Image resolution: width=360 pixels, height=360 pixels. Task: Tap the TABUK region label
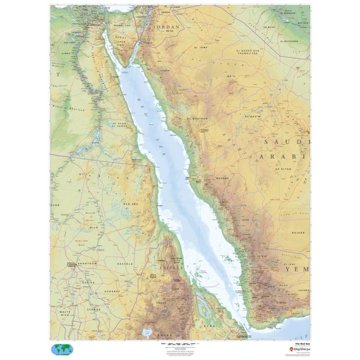point(165,70)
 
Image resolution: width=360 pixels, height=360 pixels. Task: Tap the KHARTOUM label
point(87,263)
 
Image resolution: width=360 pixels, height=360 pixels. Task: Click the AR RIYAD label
point(283,168)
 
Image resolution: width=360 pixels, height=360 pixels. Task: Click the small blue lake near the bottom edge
point(148,332)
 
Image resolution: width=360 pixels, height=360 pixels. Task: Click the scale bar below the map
point(179,343)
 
